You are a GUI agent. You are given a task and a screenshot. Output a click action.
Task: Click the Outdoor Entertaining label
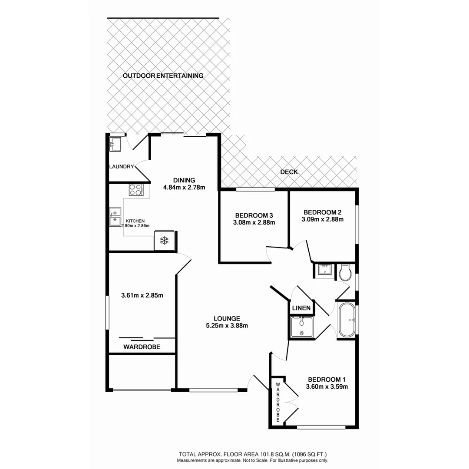[163, 76]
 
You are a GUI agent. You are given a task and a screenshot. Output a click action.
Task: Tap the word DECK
[289, 172]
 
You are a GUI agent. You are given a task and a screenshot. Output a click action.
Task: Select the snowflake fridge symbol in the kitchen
[165, 241]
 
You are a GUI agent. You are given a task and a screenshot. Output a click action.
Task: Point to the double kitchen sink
[115, 217]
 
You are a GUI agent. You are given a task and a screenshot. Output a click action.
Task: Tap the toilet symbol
[346, 272]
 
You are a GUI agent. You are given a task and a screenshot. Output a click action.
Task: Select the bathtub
[347, 320]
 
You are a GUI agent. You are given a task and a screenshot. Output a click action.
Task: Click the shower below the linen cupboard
[301, 327]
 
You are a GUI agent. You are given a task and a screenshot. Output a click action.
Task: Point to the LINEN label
[301, 308]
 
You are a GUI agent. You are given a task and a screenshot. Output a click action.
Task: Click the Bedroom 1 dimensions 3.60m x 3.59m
[327, 386]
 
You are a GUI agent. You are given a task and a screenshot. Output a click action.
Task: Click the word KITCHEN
[135, 221]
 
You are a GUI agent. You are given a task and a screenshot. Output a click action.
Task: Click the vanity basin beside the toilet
[323, 270]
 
